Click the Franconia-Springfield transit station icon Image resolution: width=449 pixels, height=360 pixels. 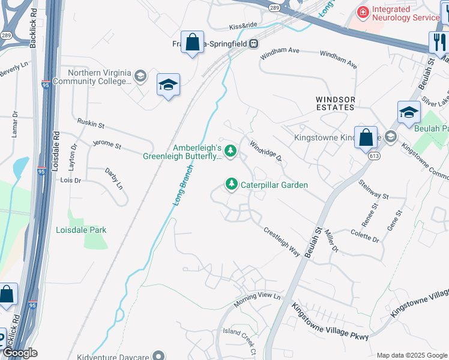click(254, 43)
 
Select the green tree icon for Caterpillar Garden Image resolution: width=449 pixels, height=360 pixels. click(231, 184)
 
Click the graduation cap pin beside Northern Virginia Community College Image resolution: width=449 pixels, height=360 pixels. click(168, 85)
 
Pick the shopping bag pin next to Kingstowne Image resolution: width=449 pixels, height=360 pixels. click(366, 137)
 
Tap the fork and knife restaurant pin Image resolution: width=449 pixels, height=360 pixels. click(438, 41)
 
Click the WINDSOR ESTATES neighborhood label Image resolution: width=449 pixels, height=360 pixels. click(336, 103)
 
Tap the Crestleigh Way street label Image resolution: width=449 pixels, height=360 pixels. click(282, 242)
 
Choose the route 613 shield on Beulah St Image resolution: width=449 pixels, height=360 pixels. click(374, 155)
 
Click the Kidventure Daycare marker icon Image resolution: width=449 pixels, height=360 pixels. click(159, 356)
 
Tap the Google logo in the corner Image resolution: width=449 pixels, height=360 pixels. click(19, 353)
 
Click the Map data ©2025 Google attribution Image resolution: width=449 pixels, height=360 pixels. click(411, 355)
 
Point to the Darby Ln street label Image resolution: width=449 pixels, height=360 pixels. click(113, 178)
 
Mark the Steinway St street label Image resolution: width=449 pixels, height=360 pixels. click(373, 189)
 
